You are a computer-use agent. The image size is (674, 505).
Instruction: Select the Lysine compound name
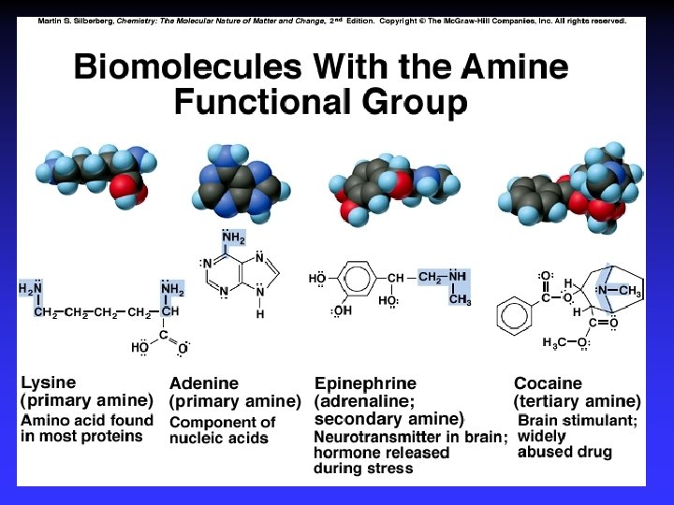[49, 382]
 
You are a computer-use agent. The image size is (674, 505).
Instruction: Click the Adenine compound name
[203, 383]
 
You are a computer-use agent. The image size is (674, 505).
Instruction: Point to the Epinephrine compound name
[366, 383]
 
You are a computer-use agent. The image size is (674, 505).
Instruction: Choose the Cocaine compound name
[548, 383]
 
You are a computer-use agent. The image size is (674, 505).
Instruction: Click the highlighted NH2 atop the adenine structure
[233, 237]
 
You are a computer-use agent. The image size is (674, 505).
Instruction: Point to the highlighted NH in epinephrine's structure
[457, 277]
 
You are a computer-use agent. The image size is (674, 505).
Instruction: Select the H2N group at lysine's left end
[30, 290]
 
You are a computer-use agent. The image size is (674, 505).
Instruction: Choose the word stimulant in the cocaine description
[602, 421]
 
